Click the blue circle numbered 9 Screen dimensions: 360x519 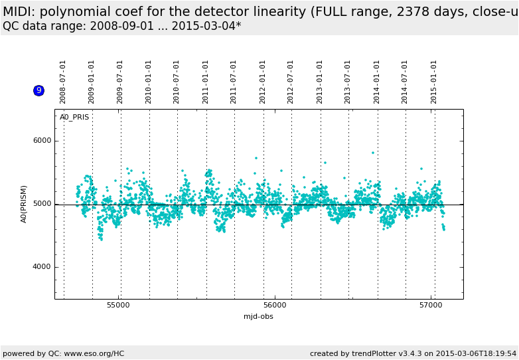(38, 90)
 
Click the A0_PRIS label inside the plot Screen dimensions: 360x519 (74, 118)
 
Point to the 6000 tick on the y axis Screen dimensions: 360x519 (42, 141)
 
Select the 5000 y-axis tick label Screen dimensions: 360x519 (42, 204)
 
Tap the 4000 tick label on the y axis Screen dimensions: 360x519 (42, 267)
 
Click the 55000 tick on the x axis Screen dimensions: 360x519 (119, 306)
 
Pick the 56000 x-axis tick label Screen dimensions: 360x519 (275, 306)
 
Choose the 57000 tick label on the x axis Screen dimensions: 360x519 (431, 306)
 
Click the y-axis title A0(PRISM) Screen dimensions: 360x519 (24, 204)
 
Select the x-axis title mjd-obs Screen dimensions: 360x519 (258, 317)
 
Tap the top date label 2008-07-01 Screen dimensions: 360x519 (63, 82)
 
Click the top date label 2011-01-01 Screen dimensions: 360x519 (206, 82)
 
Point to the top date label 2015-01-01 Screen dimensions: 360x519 (434, 82)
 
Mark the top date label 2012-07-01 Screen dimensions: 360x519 (291, 82)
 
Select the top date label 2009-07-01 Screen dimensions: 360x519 (120, 82)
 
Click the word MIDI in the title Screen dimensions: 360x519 (17, 11)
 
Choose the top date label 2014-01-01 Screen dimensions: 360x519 (377, 82)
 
